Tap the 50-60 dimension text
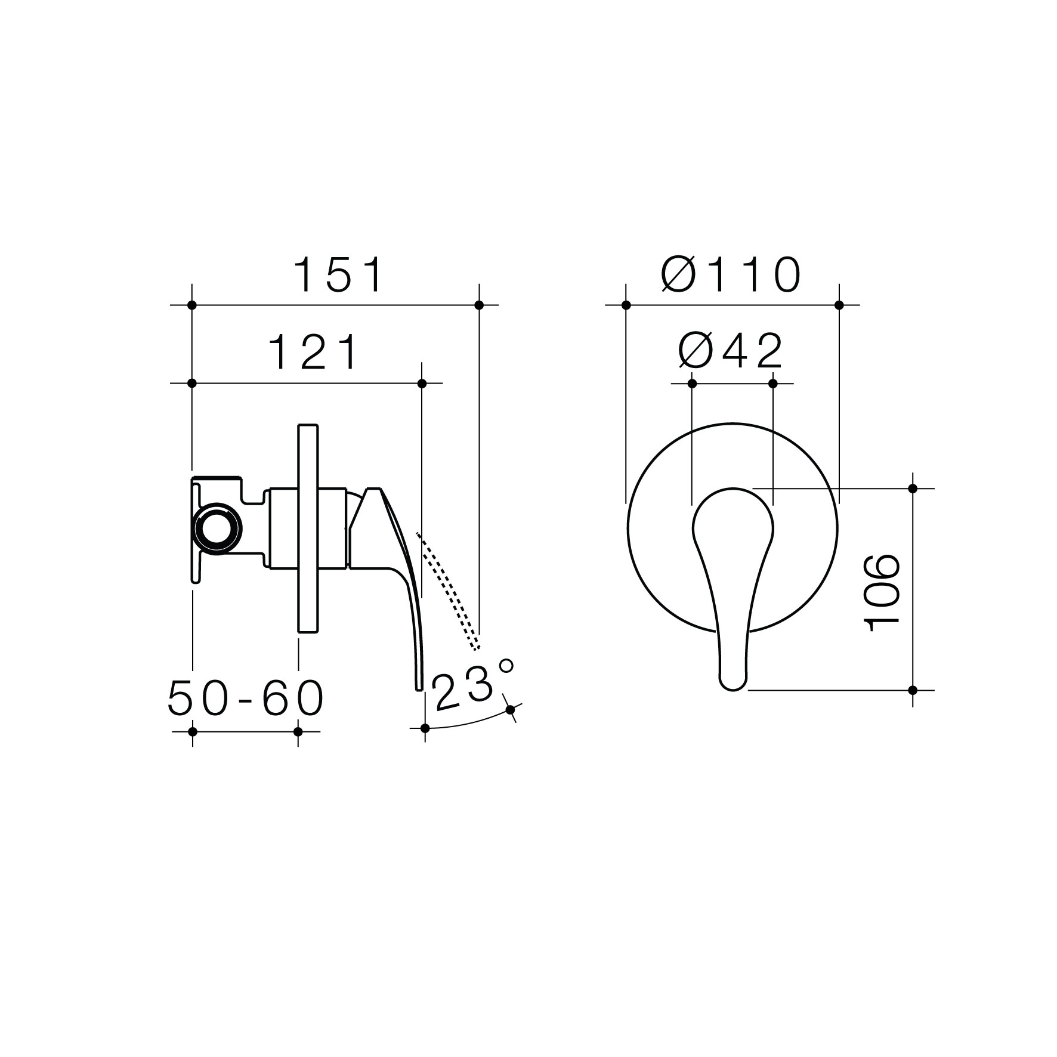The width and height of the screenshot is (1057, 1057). pos(246,698)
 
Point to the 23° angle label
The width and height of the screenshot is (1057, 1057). pos(472,685)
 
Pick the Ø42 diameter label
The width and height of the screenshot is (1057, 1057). pos(731,351)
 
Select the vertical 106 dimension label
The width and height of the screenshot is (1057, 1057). pos(882,592)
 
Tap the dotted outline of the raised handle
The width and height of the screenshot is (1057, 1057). pos(448,591)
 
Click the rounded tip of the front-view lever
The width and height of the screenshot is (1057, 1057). pos(733,681)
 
